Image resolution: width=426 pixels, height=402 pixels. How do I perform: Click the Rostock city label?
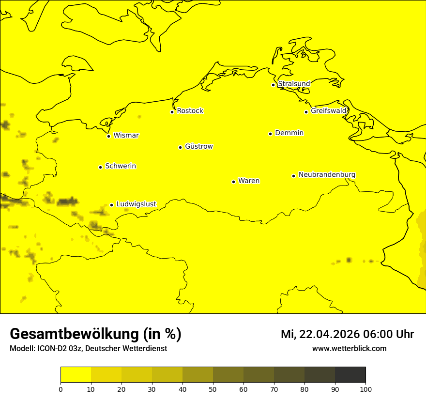(190, 111)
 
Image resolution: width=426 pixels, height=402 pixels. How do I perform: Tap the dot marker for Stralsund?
(273, 85)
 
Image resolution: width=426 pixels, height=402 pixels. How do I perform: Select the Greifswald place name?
(329, 111)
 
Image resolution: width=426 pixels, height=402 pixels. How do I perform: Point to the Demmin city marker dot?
(270, 134)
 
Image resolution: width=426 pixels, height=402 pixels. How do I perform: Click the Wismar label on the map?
(126, 135)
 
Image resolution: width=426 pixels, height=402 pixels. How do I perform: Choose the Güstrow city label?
(198, 146)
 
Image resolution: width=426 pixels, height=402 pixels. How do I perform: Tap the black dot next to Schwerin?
(100, 167)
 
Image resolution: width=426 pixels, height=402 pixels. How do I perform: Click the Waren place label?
(249, 181)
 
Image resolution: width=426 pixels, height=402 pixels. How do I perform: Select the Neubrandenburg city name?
(327, 174)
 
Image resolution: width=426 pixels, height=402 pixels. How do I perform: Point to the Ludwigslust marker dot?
(111, 205)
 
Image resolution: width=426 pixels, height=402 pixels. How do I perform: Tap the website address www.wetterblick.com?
(349, 348)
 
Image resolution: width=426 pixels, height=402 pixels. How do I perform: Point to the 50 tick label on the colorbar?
(213, 389)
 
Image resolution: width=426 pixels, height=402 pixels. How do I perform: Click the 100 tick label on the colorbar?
(365, 389)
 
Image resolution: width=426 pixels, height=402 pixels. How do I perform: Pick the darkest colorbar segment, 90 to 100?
(350, 375)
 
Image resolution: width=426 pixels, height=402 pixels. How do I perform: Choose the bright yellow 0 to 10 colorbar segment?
(76, 375)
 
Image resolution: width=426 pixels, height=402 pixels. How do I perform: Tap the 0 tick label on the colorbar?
(61, 389)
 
